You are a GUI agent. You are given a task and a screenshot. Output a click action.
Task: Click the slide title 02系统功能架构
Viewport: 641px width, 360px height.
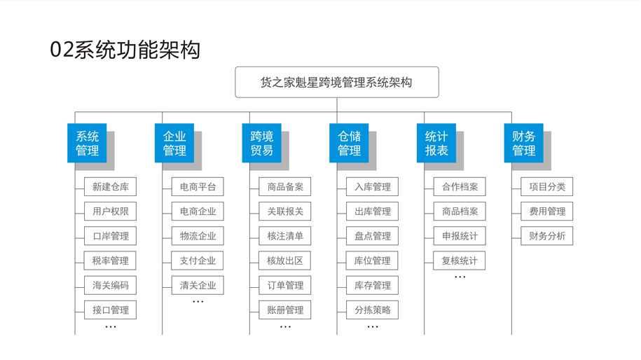click(x=125, y=50)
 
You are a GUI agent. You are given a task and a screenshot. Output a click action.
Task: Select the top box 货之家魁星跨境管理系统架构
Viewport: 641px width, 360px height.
click(x=336, y=82)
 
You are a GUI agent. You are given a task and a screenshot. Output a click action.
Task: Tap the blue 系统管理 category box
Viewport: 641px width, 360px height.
click(x=87, y=143)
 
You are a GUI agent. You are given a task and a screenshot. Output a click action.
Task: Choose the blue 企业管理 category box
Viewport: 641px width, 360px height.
click(x=174, y=143)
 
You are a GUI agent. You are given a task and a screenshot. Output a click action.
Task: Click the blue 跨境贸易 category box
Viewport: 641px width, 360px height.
click(x=261, y=143)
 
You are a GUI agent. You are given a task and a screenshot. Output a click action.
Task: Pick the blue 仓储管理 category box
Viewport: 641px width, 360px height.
click(x=349, y=143)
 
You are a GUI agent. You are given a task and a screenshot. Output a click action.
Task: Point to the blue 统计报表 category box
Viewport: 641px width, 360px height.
click(x=436, y=143)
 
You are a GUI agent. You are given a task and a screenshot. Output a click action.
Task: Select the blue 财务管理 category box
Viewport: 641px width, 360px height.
click(x=523, y=143)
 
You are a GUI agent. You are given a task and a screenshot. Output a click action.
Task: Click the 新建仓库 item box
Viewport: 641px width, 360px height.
click(x=110, y=187)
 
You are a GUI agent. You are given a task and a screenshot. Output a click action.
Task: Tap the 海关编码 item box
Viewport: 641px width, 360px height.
click(x=110, y=285)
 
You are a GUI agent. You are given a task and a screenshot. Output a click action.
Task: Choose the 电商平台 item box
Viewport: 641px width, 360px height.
click(x=198, y=187)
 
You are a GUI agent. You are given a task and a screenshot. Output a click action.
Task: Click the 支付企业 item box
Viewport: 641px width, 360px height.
click(x=198, y=261)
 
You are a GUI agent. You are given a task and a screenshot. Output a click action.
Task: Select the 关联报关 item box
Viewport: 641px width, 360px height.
click(x=285, y=212)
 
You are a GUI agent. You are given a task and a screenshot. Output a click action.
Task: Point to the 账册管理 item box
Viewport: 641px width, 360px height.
click(x=285, y=310)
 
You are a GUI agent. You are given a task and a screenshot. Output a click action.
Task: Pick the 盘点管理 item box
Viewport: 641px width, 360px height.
click(x=372, y=236)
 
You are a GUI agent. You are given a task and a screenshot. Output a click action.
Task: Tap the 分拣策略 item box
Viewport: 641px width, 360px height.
click(x=372, y=310)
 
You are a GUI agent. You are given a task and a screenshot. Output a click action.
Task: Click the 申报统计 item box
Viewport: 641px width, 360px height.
click(x=460, y=236)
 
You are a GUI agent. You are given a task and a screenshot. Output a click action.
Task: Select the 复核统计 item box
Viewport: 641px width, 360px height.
click(x=460, y=261)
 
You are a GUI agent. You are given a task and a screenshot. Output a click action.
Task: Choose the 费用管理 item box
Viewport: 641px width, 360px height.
click(x=547, y=212)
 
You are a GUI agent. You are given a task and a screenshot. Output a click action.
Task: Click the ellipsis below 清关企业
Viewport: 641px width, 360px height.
click(x=198, y=302)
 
